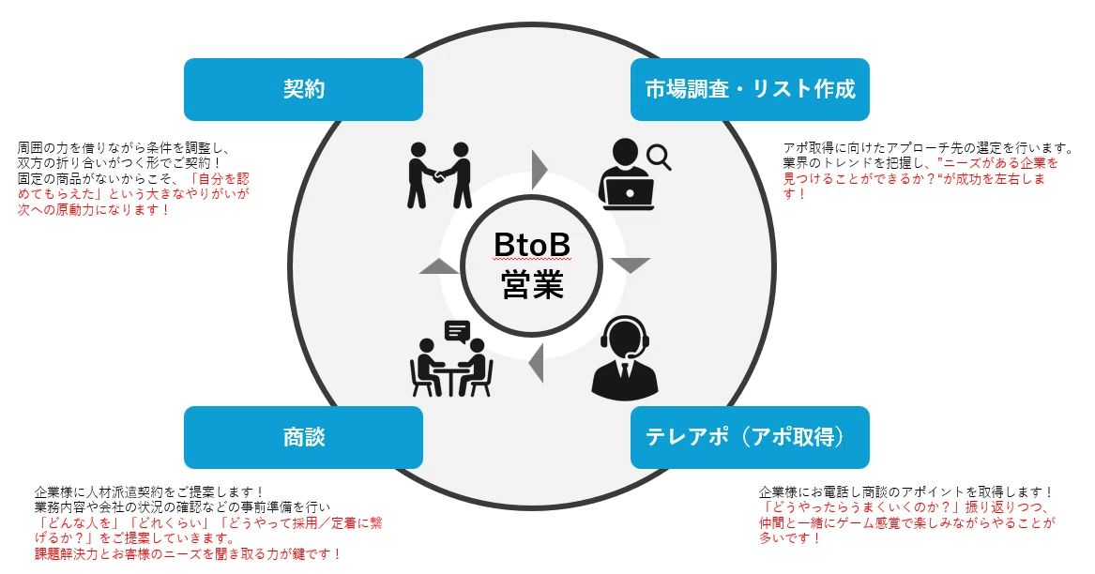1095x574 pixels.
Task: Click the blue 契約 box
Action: tap(303, 89)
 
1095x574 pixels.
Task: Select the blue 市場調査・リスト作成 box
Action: tap(750, 89)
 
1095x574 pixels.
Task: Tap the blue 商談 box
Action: tap(303, 437)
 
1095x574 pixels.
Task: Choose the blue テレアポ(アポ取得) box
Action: tap(750, 437)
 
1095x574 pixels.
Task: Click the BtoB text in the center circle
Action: tap(532, 247)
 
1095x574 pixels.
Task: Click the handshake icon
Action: tap(439, 175)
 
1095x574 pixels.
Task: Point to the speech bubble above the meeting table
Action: tap(457, 331)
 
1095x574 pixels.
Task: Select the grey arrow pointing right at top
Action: tap(539, 169)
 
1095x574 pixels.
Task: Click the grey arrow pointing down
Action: tap(630, 265)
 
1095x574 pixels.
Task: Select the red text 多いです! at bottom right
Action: tap(790, 538)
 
